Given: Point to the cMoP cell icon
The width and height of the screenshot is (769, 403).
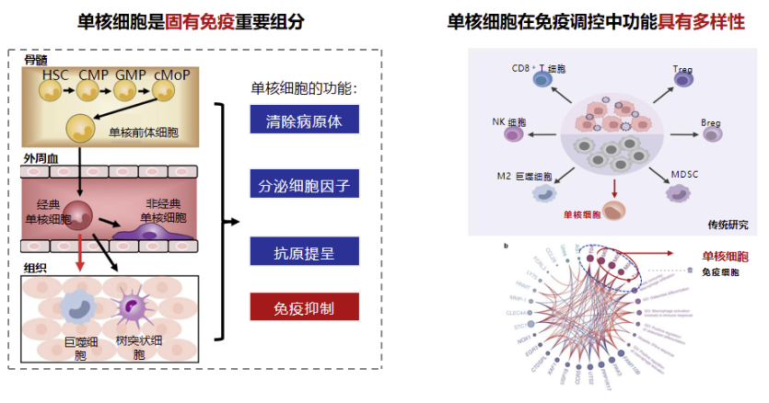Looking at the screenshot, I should click(x=164, y=89).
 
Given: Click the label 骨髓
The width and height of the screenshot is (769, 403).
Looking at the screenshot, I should click(x=35, y=60).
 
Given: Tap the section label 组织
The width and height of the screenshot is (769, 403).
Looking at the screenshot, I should click(x=35, y=268).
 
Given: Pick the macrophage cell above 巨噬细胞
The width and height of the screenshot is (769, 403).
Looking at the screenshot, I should click(x=76, y=308).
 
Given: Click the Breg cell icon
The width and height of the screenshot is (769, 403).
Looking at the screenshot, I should click(x=713, y=134).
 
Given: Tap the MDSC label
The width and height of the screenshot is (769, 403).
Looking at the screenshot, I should click(x=686, y=173).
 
